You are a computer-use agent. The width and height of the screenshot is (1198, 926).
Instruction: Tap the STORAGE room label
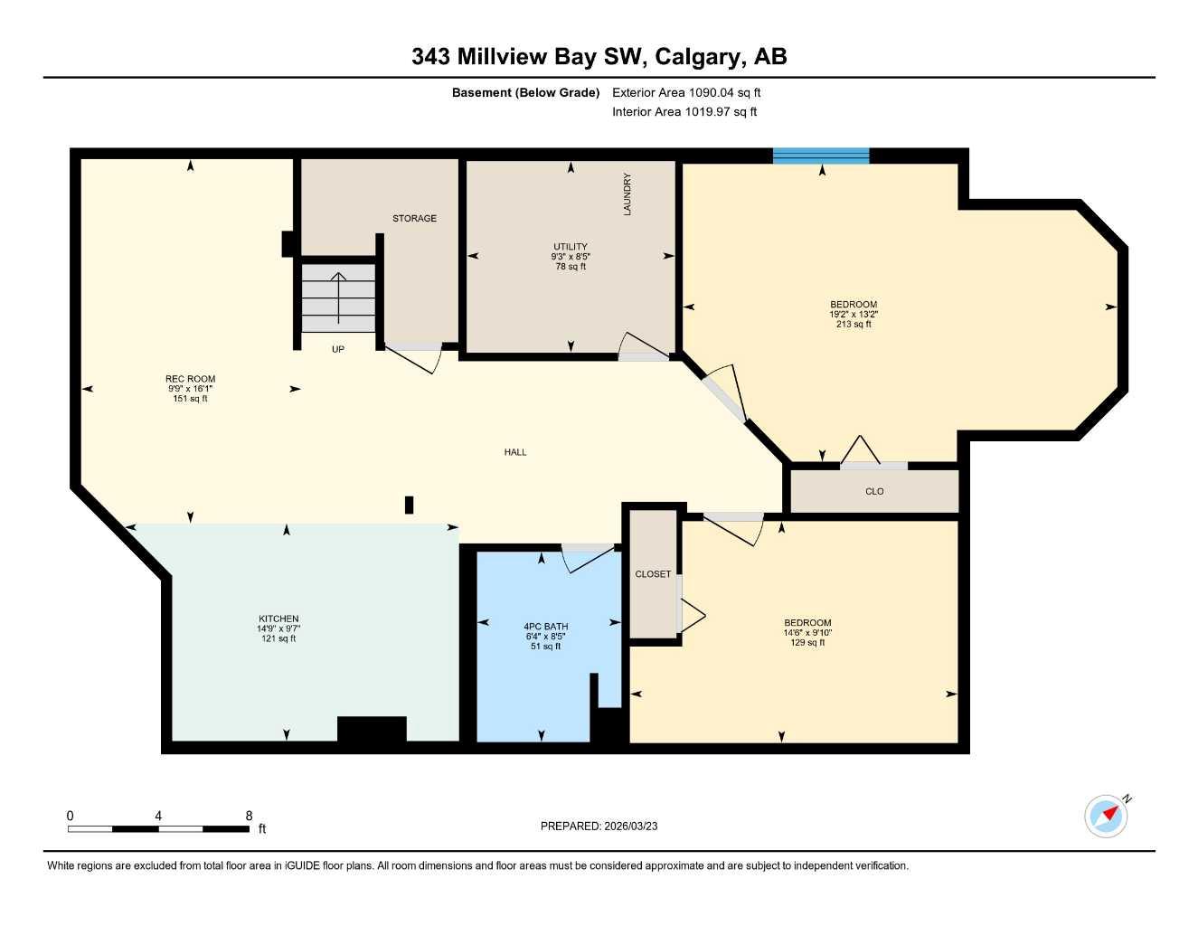click(x=414, y=218)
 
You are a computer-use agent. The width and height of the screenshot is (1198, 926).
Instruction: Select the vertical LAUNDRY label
click(x=627, y=194)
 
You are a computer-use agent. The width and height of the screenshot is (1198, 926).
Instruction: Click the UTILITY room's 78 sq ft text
click(x=571, y=267)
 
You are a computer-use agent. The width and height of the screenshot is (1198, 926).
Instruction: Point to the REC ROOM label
click(x=190, y=379)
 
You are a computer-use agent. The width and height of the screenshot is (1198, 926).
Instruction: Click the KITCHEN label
click(x=278, y=619)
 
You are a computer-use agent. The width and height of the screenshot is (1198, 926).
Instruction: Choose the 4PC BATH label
click(x=545, y=626)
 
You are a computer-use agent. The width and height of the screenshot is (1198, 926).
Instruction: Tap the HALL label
click(x=515, y=452)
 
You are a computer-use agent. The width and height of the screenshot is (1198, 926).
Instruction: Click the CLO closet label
click(x=874, y=492)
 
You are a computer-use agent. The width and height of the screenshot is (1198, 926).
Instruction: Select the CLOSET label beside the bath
click(x=653, y=574)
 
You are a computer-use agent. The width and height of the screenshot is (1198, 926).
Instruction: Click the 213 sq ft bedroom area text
click(x=854, y=324)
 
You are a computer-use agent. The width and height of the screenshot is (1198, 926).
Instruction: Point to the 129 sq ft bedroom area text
click(x=807, y=642)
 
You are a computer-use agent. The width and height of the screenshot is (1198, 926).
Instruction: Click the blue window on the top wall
click(x=821, y=156)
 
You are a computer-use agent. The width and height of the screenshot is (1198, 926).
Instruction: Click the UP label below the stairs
click(x=337, y=349)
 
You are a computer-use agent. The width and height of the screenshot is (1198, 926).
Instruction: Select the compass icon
click(x=1106, y=816)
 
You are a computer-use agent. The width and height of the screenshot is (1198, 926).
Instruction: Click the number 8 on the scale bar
click(x=249, y=816)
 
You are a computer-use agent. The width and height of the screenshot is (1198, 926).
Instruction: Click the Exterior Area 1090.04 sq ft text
click(x=686, y=92)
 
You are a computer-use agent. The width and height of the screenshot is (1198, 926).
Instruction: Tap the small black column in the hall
click(x=409, y=505)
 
